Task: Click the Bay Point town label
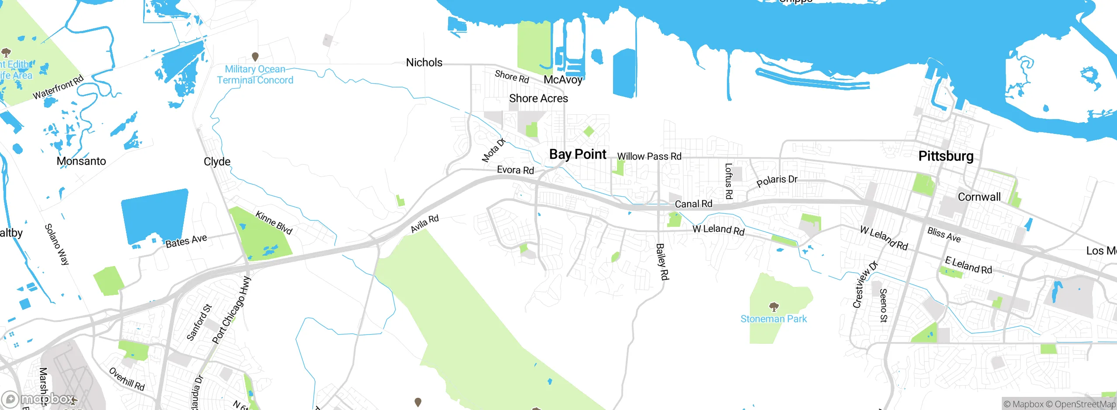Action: (x=578, y=154)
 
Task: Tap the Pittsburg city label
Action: (x=946, y=156)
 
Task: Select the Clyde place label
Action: (x=217, y=162)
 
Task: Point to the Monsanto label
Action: (x=81, y=161)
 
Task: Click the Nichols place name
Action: (x=424, y=63)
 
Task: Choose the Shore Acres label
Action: (x=538, y=99)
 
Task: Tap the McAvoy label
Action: (x=563, y=80)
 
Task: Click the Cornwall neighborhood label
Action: (x=979, y=197)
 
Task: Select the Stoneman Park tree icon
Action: (x=774, y=307)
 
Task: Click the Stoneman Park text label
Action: (x=774, y=319)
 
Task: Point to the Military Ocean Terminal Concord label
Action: (x=255, y=75)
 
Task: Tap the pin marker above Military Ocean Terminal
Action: (x=255, y=56)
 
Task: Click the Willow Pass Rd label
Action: (x=649, y=157)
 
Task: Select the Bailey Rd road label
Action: (x=662, y=261)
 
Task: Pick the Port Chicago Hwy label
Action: (x=231, y=310)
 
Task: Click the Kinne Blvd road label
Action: (x=274, y=222)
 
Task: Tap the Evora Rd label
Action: (x=515, y=170)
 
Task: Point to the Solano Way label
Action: (x=57, y=244)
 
